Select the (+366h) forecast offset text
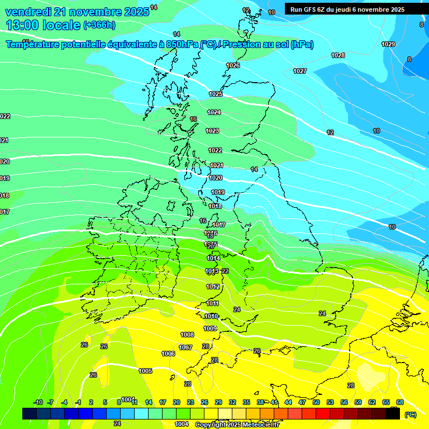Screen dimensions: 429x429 pyautogui.click(x=99, y=25)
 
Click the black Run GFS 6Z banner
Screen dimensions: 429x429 pyautogui.click(x=347, y=9)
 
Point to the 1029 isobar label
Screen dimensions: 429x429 pyautogui.click(x=388, y=44)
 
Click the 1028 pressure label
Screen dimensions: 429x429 pyautogui.click(x=338, y=55)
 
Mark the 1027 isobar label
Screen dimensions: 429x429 pyautogui.click(x=300, y=71)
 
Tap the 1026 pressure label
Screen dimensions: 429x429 pyautogui.click(x=233, y=65)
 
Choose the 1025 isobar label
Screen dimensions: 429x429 pyautogui.click(x=216, y=94)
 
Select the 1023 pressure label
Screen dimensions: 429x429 pyautogui.click(x=212, y=131)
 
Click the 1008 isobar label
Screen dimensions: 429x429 pyautogui.click(x=187, y=335)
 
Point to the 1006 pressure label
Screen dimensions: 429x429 pyautogui.click(x=168, y=354)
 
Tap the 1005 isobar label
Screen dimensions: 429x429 pyautogui.click(x=146, y=371)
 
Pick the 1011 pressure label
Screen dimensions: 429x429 pyautogui.click(x=212, y=303)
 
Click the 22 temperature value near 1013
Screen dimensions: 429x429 pyautogui.click(x=225, y=271)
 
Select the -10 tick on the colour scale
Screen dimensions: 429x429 pyautogui.click(x=38, y=402)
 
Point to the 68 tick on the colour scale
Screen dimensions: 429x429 pyautogui.click(x=400, y=402)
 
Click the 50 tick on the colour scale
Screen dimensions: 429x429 pyautogui.click(x=316, y=402)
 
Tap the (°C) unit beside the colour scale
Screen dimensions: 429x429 pyautogui.click(x=411, y=414)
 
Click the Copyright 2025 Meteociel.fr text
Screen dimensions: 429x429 pyautogui.click(x=237, y=425)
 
